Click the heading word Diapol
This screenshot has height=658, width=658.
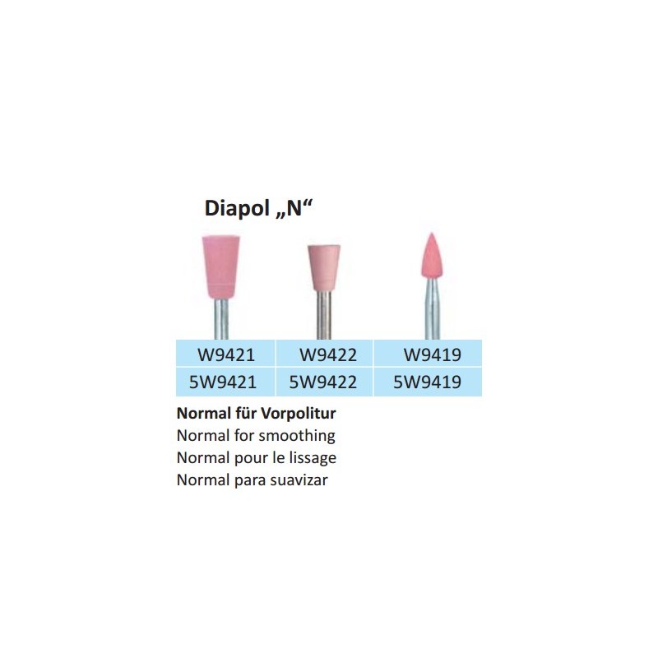click(x=237, y=208)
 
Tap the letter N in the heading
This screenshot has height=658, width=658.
click(x=294, y=208)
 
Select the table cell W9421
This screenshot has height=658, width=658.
click(x=225, y=354)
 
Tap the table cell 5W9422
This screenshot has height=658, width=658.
click(x=323, y=382)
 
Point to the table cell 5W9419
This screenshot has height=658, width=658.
click(x=427, y=382)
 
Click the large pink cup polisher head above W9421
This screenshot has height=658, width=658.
click(x=220, y=266)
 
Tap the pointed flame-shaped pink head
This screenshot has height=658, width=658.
click(x=432, y=256)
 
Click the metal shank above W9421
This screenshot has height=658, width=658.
click(x=221, y=319)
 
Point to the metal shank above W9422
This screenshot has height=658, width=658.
click(x=324, y=315)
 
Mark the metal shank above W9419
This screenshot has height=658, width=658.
click(x=433, y=309)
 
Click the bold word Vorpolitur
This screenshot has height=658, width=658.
click(x=299, y=414)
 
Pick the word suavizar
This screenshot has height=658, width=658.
click(x=299, y=480)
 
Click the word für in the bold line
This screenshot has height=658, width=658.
click(x=245, y=414)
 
